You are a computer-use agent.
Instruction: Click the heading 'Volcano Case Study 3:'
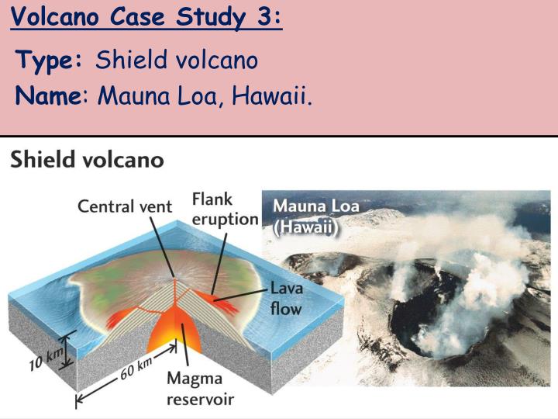pos(146,17)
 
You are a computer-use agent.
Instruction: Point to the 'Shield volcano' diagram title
pos(87,161)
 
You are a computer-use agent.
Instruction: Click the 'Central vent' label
pos(125,206)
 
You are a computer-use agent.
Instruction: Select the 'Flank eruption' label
pos(224,209)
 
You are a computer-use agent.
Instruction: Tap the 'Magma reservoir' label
pos(200,389)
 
